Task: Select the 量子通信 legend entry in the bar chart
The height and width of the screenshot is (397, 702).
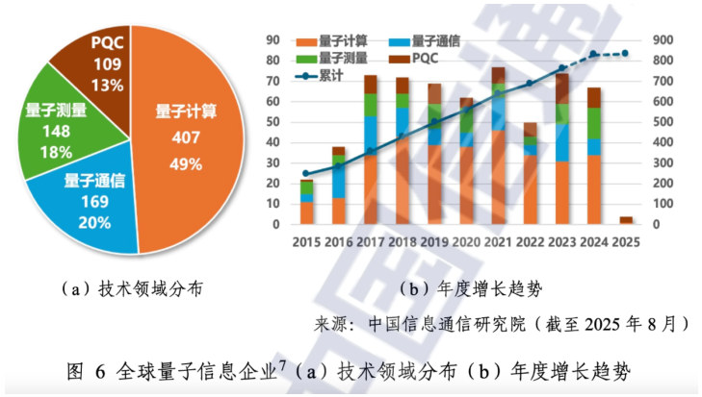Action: tap(424, 41)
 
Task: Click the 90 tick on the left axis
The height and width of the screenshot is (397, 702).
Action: tap(273, 40)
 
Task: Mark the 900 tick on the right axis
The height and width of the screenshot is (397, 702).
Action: tap(660, 40)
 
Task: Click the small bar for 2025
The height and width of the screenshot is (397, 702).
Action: tap(625, 220)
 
